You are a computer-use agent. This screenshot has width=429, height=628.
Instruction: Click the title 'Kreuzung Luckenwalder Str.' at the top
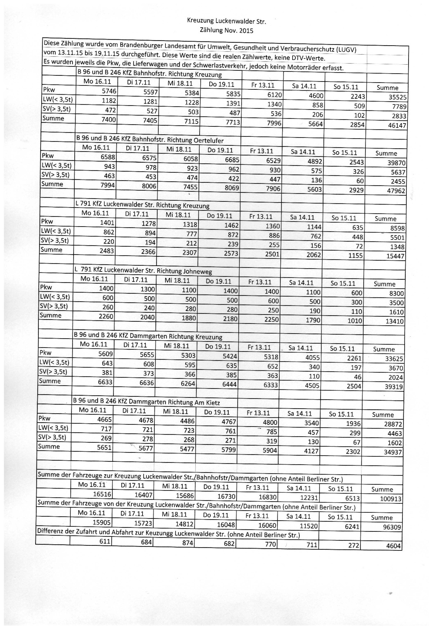(x=226, y=22)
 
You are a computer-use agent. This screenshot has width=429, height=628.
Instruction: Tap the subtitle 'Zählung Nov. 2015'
(x=226, y=31)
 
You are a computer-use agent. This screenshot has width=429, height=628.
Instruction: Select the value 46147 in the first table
(x=397, y=126)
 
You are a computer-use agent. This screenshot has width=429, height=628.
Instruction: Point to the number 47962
(x=396, y=191)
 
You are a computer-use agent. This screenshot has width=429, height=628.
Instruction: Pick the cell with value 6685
(x=232, y=160)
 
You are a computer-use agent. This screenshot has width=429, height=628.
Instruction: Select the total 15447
(x=395, y=256)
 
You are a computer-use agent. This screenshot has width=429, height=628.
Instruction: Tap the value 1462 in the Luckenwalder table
(x=231, y=225)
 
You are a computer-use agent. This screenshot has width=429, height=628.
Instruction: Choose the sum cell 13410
(x=394, y=321)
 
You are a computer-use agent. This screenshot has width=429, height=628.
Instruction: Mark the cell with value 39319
(x=394, y=387)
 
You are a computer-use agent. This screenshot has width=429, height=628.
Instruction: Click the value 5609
(x=105, y=353)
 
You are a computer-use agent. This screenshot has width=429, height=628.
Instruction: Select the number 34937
(x=393, y=452)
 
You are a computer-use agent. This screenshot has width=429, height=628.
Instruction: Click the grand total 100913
(x=391, y=499)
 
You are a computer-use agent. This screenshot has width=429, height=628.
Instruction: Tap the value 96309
(x=391, y=527)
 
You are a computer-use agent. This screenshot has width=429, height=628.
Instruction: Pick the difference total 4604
(x=393, y=546)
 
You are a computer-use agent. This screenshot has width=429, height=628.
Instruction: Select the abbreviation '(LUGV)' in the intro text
(x=344, y=50)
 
